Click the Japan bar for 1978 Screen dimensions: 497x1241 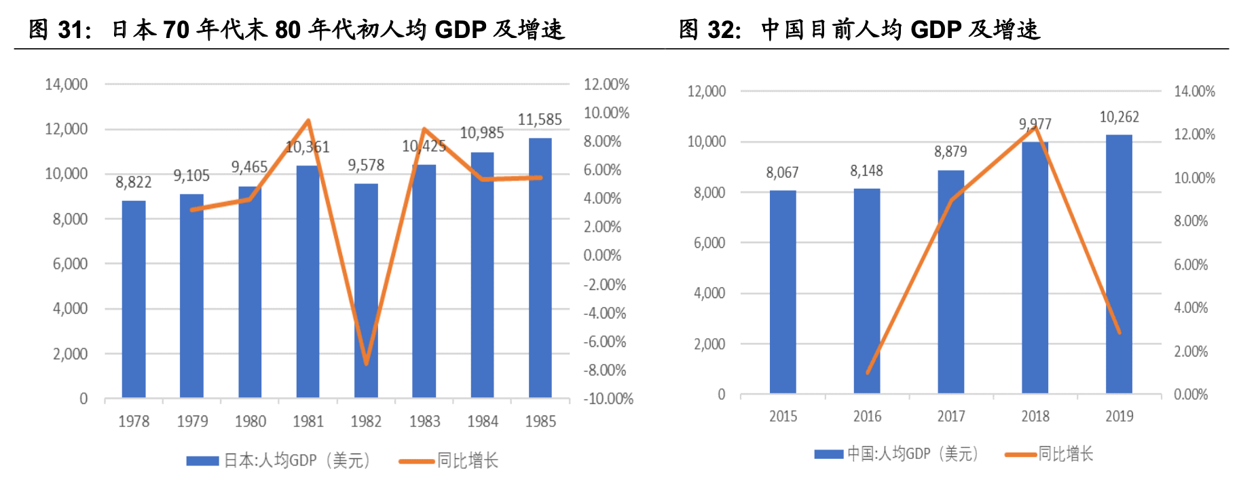pyautogui.click(x=134, y=299)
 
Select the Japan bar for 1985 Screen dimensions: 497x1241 pyautogui.click(x=540, y=268)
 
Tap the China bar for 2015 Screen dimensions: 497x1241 pyautogui.click(x=783, y=292)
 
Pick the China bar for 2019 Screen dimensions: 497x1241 pyautogui.click(x=1119, y=264)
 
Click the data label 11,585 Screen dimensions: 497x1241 pyautogui.click(x=540, y=120)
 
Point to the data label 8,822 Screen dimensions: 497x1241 pyautogui.click(x=134, y=182)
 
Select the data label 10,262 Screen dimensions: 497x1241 pyautogui.click(x=1119, y=117)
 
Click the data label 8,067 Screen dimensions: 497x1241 pyautogui.click(x=782, y=172)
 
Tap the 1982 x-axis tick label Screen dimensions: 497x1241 pyautogui.click(x=366, y=422)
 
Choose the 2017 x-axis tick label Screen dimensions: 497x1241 pyautogui.click(x=950, y=416)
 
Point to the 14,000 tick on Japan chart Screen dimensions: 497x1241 pyautogui.click(x=67, y=85)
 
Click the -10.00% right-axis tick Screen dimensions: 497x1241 pyautogui.click(x=608, y=399)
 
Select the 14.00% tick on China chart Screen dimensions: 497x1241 pyautogui.click(x=1194, y=92)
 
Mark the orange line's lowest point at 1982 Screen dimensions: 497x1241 pyautogui.click(x=367, y=363)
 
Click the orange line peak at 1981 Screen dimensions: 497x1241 pyautogui.click(x=308, y=121)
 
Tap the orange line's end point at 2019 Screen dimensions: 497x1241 pyautogui.click(x=1119, y=333)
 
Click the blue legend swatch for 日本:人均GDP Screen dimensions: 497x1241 pyautogui.click(x=202, y=461)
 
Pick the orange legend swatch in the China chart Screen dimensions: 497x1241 pyautogui.click(x=1020, y=454)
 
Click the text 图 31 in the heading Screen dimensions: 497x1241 pyautogui.click(x=59, y=30)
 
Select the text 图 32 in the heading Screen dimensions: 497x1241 pyautogui.click(x=709, y=30)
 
